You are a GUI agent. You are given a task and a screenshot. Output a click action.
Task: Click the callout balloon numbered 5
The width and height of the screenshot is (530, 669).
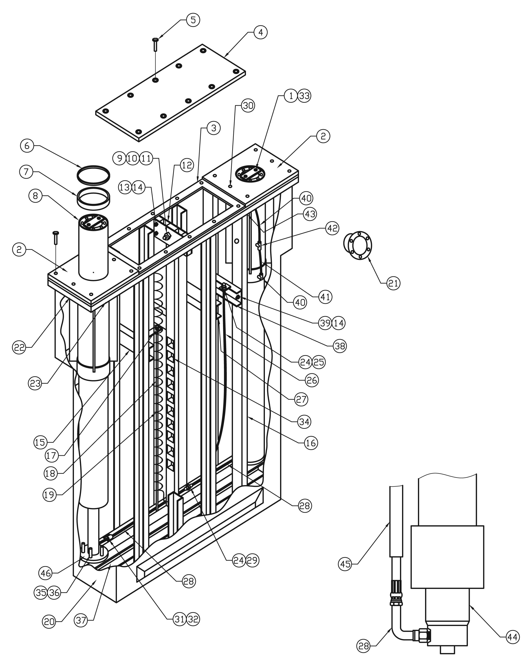pos(193,20)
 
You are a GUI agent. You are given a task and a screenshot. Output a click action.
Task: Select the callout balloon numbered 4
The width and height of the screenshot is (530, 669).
pos(260,32)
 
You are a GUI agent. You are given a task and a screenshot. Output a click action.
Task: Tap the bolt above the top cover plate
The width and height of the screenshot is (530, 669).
pos(155,45)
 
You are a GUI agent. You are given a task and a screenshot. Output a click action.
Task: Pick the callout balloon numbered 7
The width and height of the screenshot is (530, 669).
pos(26,172)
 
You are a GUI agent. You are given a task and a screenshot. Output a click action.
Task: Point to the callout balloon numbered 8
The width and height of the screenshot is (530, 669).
pos(35,196)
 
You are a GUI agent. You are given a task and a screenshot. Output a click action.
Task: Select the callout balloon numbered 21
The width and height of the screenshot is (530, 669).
pos(393,283)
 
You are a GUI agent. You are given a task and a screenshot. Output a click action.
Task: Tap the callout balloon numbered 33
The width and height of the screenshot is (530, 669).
pos(304,96)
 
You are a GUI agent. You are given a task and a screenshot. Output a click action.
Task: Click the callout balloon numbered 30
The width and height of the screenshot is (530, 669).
pos(248,106)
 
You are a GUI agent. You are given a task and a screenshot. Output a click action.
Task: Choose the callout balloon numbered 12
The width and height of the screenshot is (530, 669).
pos(187,165)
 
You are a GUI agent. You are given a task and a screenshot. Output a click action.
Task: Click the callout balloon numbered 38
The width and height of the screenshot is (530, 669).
pos(340,346)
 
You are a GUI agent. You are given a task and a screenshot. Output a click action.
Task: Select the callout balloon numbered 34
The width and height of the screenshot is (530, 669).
pos(304,422)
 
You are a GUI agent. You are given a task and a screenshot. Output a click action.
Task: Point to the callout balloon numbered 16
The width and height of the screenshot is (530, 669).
pos(311,443)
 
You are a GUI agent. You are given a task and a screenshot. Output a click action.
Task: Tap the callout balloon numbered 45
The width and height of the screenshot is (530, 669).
pos(345,564)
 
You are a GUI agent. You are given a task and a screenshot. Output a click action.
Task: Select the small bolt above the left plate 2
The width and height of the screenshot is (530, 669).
pos(56,238)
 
